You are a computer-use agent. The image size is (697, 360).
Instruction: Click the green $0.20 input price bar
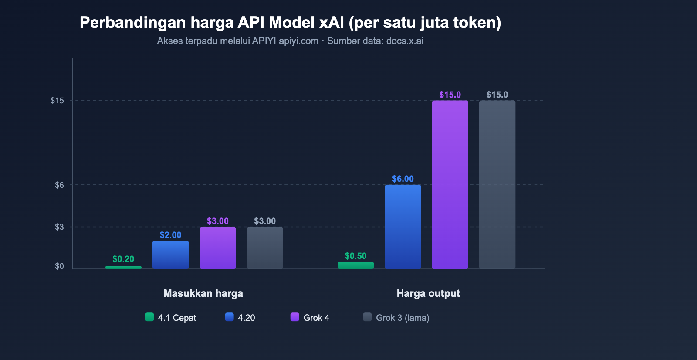123,267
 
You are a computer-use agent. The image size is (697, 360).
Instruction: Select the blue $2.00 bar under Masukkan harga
170,255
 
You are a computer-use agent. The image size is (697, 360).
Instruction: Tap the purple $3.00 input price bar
217,248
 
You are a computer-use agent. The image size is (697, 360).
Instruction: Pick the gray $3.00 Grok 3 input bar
265,248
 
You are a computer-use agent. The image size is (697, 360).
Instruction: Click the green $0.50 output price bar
355,265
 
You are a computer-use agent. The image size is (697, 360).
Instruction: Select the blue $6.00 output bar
403,227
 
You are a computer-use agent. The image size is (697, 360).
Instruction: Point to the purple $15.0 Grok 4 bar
450,184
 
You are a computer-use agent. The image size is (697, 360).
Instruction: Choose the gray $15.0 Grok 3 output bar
497,184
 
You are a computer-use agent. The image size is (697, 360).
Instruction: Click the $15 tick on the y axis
57,101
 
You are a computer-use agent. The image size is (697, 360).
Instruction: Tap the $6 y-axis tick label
59,185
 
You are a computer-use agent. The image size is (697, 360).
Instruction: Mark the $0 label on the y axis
59,266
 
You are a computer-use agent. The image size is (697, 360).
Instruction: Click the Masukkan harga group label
203,293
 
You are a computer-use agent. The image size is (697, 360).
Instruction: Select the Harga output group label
428,293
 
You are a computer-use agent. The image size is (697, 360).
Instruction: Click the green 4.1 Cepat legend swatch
149,317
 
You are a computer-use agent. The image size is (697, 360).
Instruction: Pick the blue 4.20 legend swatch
229,317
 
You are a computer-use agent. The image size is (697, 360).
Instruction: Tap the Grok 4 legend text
316,318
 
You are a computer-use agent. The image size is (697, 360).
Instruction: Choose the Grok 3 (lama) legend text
403,318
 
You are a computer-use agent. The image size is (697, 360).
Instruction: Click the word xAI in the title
332,23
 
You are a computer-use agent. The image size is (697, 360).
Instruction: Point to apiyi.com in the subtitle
298,41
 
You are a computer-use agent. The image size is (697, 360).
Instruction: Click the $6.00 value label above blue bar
403,179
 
